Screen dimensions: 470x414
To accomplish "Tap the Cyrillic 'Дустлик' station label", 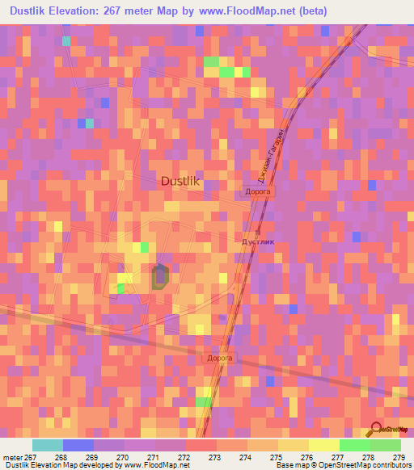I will [259, 241].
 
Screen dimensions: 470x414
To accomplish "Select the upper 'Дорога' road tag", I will [260, 192].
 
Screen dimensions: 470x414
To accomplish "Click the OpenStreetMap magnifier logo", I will [376, 428].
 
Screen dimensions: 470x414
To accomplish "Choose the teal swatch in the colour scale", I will [47, 445].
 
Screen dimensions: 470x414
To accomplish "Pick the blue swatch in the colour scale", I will [78, 445].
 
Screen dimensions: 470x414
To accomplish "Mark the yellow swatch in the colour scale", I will [324, 445].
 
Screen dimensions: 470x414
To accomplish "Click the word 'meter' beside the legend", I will [13, 458].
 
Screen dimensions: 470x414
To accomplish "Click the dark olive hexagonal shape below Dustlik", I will [160, 276].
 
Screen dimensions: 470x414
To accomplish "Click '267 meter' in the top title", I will [163, 12].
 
